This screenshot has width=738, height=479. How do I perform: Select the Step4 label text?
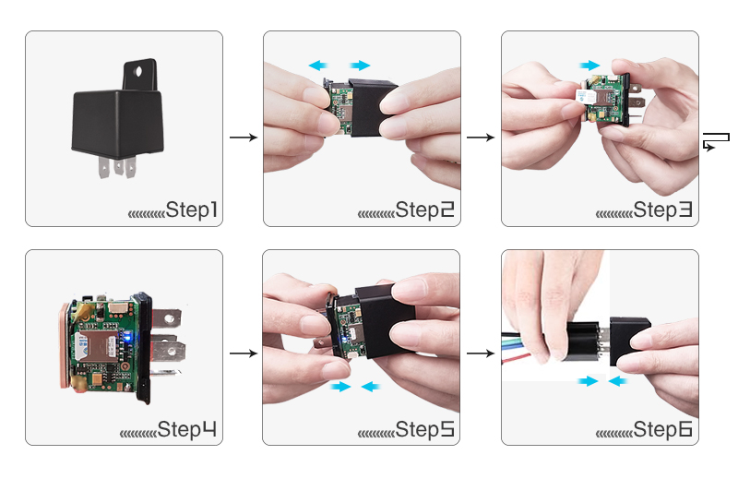(x=188, y=429)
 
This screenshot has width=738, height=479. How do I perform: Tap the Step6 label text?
(x=662, y=429)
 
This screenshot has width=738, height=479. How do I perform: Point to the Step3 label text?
(x=662, y=210)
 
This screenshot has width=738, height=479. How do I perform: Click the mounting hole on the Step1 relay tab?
(x=141, y=67)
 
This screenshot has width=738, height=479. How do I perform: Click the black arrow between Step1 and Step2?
(x=243, y=138)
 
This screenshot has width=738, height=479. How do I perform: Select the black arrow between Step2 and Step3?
(x=480, y=138)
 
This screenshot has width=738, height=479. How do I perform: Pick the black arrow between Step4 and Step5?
(x=243, y=353)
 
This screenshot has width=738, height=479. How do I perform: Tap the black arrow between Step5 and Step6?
(x=480, y=353)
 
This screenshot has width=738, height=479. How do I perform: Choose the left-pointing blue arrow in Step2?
(x=319, y=66)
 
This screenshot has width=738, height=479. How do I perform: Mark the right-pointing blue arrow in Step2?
(x=359, y=66)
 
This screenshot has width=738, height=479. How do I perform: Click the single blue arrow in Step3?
(x=589, y=66)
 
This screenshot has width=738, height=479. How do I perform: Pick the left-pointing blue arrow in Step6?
(x=619, y=381)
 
